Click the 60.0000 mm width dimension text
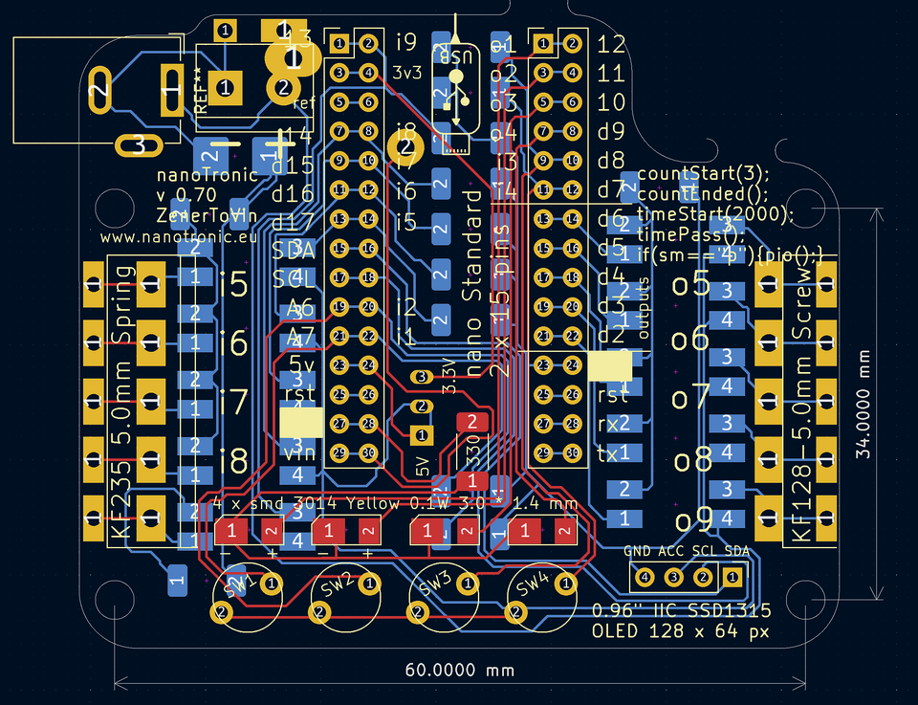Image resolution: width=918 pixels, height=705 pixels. coord(458,670)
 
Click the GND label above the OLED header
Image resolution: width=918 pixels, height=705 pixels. coord(637,551)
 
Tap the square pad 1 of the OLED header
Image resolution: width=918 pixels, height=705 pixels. coord(732,577)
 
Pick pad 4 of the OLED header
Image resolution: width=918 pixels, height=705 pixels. coord(645,577)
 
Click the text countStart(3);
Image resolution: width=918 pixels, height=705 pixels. coord(703,174)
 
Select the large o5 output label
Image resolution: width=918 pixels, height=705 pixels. coord(690,284)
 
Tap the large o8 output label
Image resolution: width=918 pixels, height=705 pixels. coord(690,458)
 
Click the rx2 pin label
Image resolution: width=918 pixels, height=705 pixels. coord(613,423)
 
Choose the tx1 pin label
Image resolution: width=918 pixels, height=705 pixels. coord(613,452)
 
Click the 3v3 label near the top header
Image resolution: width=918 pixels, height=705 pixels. coord(406,72)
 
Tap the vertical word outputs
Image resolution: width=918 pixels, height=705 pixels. coord(644,308)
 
